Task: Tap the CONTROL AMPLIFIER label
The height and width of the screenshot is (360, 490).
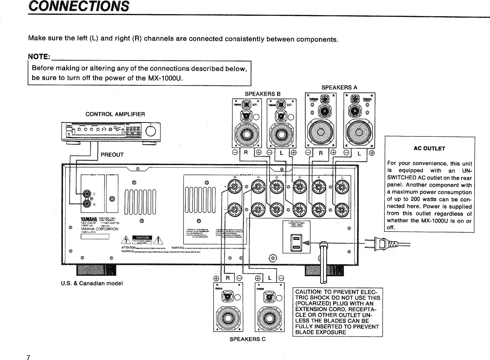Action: (x=115, y=114)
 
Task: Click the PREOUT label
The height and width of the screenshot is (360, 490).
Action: (x=112, y=155)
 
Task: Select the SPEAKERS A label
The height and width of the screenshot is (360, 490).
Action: (x=339, y=87)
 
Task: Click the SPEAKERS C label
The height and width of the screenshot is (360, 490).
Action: (x=248, y=339)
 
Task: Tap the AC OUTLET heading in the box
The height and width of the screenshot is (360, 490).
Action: (x=429, y=148)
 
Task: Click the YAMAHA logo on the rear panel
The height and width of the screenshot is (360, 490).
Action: (x=89, y=220)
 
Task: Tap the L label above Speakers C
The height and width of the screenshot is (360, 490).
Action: (x=270, y=278)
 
